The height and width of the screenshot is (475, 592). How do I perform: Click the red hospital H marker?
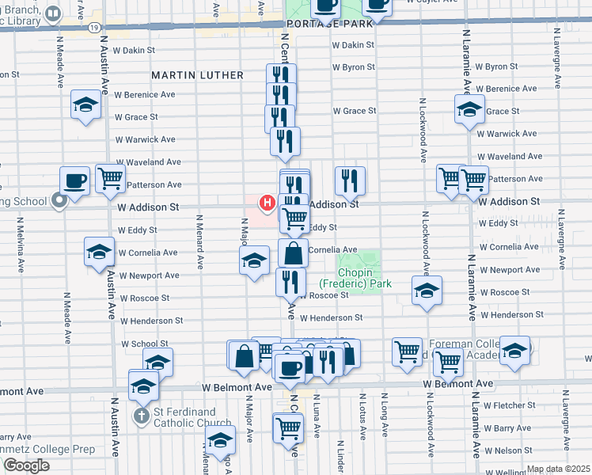click(x=268, y=203)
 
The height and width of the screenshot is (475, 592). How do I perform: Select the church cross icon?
click(x=141, y=416)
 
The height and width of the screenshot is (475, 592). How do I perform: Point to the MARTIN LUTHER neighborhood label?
click(x=197, y=75)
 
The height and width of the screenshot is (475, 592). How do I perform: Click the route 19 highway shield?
click(x=93, y=27)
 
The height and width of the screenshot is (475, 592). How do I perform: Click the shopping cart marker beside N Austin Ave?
click(x=110, y=178)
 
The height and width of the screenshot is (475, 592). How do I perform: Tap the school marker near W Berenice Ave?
click(x=86, y=104)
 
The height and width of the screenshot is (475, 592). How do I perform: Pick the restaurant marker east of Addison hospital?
click(x=348, y=181)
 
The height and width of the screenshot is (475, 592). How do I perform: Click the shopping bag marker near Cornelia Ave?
click(x=293, y=254)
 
